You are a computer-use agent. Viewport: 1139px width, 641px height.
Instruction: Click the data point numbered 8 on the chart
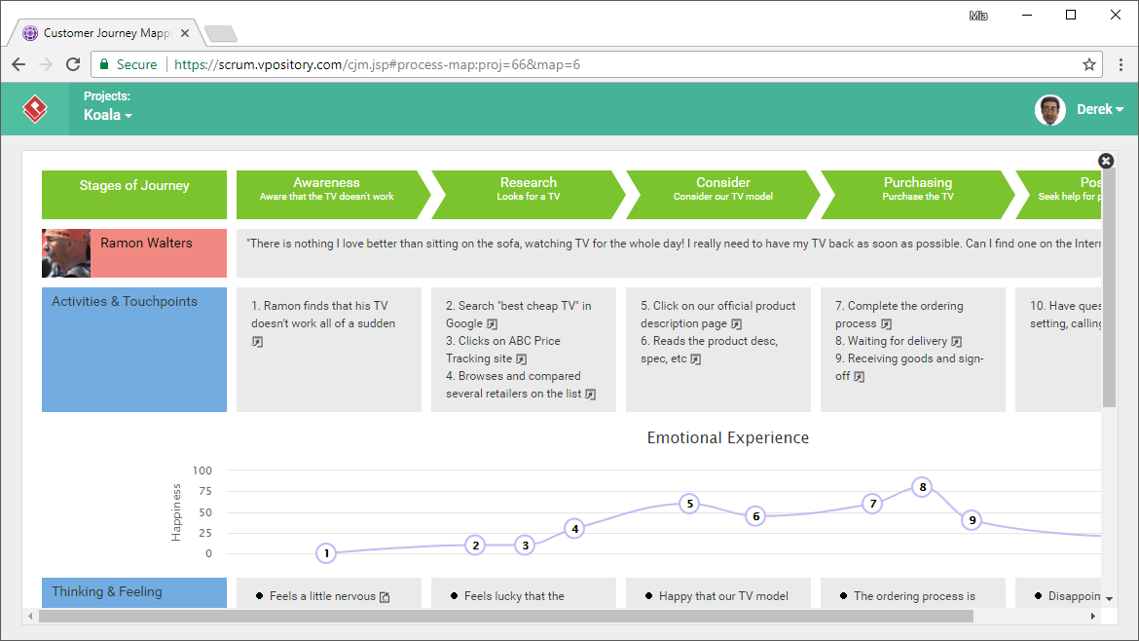[x=923, y=487]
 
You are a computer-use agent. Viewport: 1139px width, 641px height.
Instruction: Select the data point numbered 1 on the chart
[x=326, y=553]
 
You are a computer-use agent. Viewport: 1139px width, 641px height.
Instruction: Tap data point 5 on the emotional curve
[x=689, y=504]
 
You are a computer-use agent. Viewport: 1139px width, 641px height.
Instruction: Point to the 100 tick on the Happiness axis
[x=202, y=471]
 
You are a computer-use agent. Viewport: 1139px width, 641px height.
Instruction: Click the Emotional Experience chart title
[x=727, y=438]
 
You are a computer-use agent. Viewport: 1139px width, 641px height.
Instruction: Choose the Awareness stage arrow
[x=327, y=195]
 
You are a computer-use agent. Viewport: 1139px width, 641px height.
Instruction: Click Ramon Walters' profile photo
[x=66, y=253]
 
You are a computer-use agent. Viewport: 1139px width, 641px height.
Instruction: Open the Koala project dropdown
[x=107, y=115]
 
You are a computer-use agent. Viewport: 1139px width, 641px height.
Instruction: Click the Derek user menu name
[x=1099, y=109]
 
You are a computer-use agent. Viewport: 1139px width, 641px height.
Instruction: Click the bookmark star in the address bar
[x=1089, y=64]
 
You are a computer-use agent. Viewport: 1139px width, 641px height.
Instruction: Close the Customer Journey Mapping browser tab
[x=185, y=33]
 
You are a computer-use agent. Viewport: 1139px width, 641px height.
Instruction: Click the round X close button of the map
[x=1106, y=161]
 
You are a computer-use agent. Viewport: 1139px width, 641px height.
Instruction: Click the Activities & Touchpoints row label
[x=125, y=302]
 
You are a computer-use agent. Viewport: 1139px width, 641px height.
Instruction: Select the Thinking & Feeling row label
[x=107, y=591]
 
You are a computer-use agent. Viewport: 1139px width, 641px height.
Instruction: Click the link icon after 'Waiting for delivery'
[x=957, y=342]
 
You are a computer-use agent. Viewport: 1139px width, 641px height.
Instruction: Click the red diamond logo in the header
[x=35, y=109]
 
